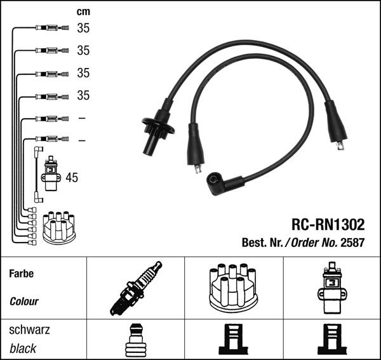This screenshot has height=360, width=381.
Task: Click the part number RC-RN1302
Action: click(328, 225)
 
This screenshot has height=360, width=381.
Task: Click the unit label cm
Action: click(83, 12)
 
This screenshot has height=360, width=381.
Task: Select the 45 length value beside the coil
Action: click(72, 178)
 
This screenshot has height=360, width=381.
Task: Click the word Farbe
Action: click(21, 274)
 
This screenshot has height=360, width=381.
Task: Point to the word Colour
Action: click(24, 302)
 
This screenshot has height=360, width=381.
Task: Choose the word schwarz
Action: click(29, 330)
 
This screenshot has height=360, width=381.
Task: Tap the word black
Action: click(23, 349)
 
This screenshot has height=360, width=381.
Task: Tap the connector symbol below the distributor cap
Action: click(232, 340)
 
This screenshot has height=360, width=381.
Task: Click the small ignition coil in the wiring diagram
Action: click(50, 173)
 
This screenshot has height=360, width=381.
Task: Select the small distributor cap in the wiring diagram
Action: click(58, 228)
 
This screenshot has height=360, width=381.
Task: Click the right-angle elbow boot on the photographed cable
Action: click(219, 184)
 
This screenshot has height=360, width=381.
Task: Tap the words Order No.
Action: click(316, 242)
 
